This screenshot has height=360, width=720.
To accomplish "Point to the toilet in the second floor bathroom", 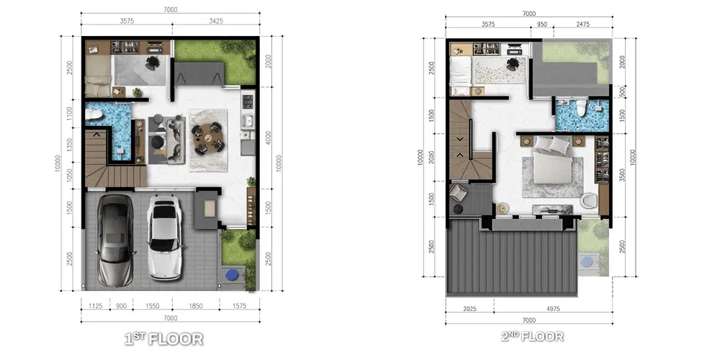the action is coord(581,107).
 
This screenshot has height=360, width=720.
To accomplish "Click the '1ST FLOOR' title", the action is coord(164,339).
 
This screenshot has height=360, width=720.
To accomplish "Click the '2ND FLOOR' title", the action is coord(532,336).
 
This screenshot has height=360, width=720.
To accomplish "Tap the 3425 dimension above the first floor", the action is coord(216,21).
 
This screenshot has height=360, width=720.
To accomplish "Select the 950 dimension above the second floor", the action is coord(542,24).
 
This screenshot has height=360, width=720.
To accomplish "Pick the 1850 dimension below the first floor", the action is coord(195,306).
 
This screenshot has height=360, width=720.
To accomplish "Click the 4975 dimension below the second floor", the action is coord(553,309).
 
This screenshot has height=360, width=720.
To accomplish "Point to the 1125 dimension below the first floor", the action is coord(95,306).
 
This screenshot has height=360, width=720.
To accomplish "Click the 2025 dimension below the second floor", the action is coord(469,309).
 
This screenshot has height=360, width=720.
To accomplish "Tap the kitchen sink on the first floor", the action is coord(248,122).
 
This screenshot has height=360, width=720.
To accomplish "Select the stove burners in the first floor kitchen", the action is coord(248,100).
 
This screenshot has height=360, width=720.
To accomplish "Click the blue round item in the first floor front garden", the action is coord(232,275).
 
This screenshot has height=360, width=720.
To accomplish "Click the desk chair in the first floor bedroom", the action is coord(153,63).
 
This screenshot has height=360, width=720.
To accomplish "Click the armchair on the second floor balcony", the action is coord(458,192).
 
